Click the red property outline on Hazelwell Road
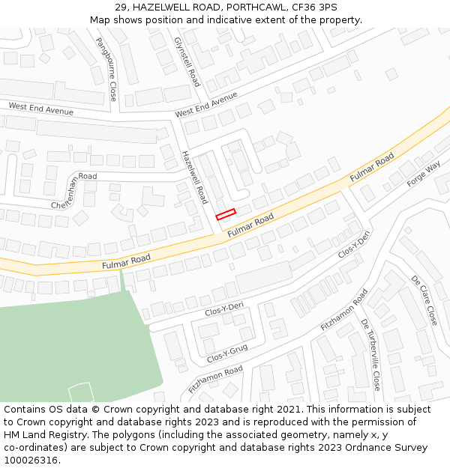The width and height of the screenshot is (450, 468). click(226, 214)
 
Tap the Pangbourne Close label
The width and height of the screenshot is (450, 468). click(106, 70)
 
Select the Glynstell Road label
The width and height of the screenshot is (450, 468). click(187, 61)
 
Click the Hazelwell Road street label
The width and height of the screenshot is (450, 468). click(193, 177)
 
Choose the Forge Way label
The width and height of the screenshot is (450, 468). click(424, 177)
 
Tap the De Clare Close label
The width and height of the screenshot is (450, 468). click(424, 300)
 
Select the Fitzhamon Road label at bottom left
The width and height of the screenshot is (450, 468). click(216, 380)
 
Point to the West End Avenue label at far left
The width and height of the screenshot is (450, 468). click(40, 109)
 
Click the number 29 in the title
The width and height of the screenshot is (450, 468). click(121, 7)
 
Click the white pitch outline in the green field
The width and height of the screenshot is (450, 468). click(80, 392)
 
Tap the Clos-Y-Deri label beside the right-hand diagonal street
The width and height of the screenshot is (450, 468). click(355, 244)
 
